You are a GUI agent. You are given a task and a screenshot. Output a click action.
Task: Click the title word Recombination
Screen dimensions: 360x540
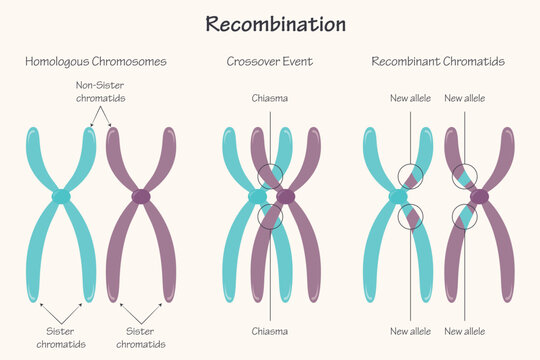276,24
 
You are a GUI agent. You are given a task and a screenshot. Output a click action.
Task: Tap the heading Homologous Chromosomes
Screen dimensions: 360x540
96,62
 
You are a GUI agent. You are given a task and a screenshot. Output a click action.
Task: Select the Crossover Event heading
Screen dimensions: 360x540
269,62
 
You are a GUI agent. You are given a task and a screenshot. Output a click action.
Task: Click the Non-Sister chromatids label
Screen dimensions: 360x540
101,92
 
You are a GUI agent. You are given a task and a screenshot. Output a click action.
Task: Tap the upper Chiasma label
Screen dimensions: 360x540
270,99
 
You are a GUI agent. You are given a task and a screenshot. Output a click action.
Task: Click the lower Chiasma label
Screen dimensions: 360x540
270,331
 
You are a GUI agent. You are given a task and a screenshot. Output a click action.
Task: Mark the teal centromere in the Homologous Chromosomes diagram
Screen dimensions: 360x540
62,196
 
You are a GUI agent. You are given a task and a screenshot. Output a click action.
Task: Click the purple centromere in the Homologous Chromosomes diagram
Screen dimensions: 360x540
141,196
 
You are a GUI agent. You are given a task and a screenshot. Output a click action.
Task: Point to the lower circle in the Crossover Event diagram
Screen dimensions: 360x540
270,215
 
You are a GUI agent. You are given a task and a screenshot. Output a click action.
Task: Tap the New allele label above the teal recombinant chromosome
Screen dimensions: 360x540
410,99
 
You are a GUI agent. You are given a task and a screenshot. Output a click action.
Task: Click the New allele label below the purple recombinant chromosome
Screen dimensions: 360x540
465,331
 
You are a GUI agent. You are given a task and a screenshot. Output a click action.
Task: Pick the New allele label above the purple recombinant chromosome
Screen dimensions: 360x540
465,99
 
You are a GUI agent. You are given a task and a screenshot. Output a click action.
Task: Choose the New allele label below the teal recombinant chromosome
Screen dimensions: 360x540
410,331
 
